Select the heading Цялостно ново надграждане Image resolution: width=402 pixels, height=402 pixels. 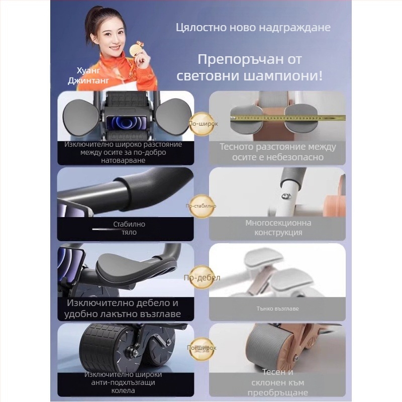253,27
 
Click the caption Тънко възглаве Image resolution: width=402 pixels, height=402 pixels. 278,309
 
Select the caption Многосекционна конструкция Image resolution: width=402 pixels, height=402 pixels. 278,227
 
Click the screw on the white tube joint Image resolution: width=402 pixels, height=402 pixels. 284,197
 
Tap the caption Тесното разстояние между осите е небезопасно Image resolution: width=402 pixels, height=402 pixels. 277,152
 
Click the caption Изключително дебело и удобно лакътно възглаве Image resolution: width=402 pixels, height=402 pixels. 123,309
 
